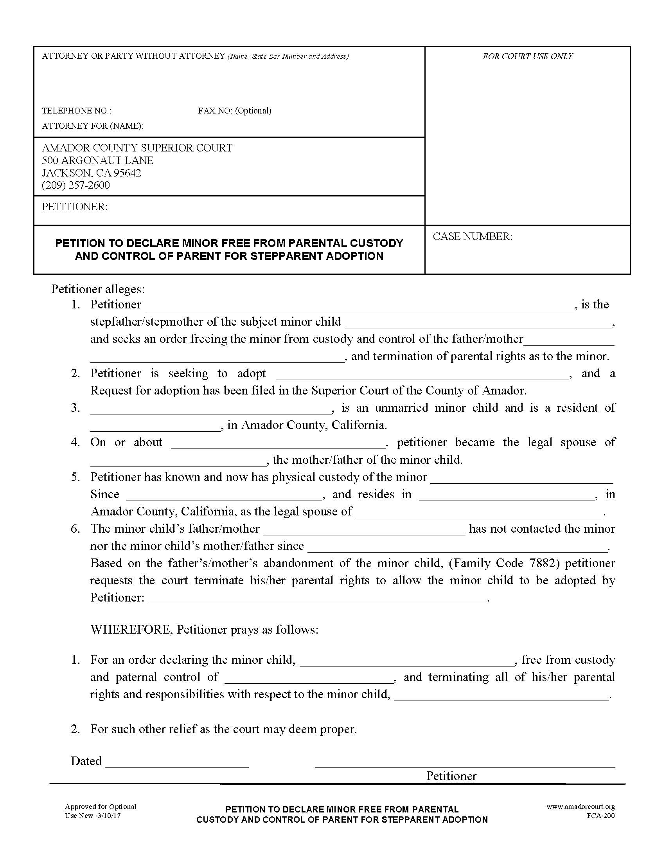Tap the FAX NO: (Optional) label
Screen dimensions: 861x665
pos(234,111)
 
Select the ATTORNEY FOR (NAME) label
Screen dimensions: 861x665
pos(93,126)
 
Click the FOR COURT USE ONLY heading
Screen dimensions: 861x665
pos(528,56)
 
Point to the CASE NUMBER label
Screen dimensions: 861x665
pos(473,236)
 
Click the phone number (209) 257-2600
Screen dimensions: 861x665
pos(75,185)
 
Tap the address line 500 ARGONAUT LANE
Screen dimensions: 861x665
pos(98,160)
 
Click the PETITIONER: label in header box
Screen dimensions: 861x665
pos(74,207)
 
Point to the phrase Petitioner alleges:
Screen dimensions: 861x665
pos(98,289)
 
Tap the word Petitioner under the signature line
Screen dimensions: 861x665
pos(451,776)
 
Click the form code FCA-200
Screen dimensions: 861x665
pos(600,816)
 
